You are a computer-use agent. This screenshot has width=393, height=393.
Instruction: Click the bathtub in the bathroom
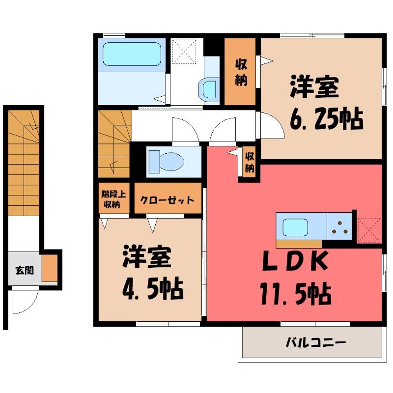(x=132, y=54)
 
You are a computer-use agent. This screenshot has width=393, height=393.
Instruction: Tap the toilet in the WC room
(x=166, y=162)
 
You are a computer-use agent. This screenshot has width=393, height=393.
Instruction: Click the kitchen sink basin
(x=295, y=227)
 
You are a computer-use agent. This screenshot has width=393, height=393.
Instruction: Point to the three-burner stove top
(x=339, y=226)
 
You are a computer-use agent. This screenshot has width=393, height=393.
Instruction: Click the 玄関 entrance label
(x=25, y=271)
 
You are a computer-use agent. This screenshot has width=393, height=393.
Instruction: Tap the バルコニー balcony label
(x=316, y=342)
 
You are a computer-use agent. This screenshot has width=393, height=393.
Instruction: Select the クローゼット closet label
(x=167, y=200)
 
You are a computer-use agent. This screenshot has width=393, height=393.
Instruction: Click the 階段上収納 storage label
(x=113, y=199)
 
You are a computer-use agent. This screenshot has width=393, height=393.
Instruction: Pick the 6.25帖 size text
(x=326, y=118)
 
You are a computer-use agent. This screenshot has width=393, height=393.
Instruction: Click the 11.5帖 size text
(x=296, y=293)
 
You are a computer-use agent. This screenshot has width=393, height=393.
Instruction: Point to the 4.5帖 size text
(x=153, y=289)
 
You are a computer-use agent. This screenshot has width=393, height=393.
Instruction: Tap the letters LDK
(x=295, y=261)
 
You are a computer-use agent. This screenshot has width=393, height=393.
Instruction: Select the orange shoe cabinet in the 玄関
(x=50, y=268)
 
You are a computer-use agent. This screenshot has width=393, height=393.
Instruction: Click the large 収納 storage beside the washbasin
(x=240, y=72)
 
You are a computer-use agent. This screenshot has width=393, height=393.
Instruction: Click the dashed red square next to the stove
(x=369, y=230)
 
